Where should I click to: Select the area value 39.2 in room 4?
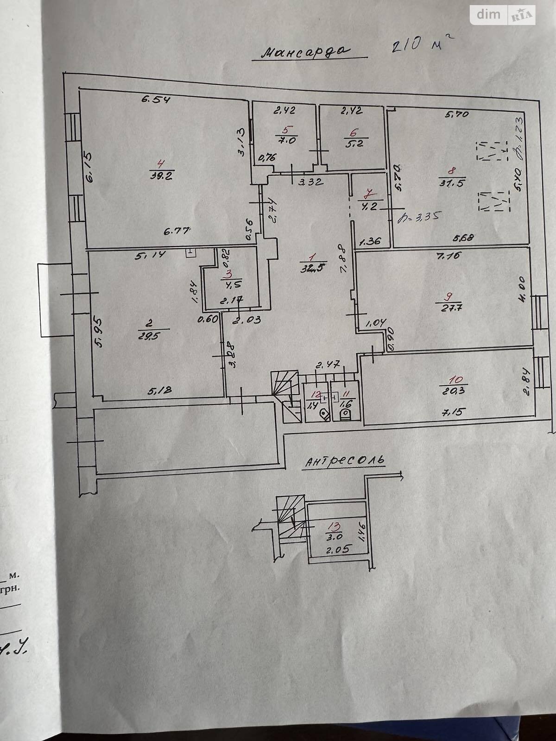tap(162, 176)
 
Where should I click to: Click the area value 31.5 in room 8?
tap(452, 182)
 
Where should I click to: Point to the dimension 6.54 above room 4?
tap(156, 99)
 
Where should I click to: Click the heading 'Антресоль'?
tap(345, 461)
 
